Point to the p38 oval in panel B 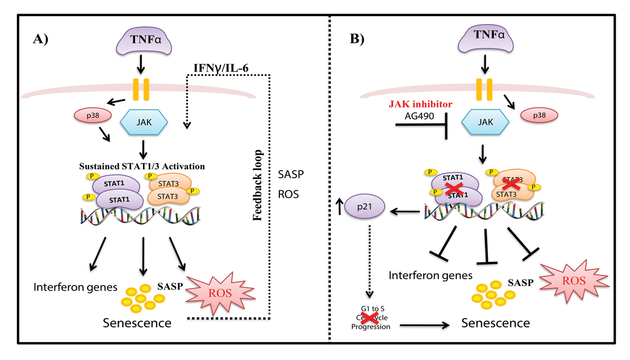[x=539, y=114]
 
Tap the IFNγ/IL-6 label [x=217, y=67]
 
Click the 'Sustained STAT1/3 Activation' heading [x=142, y=166]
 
